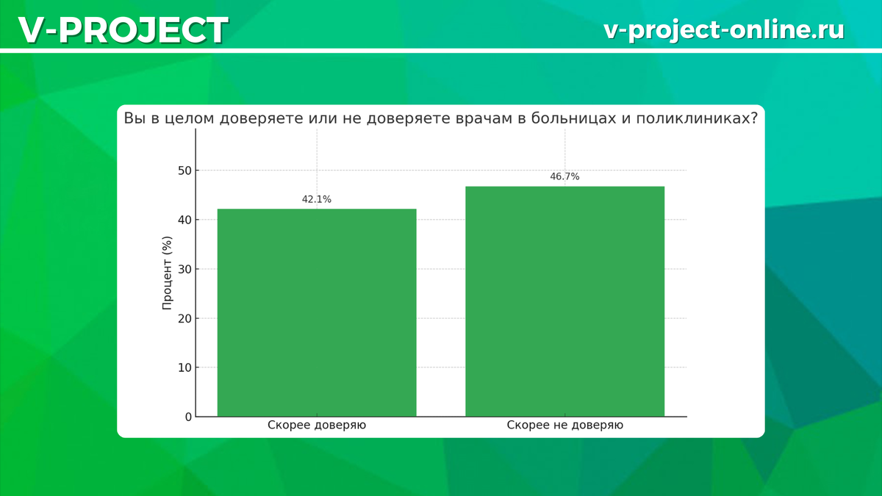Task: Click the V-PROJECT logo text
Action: pyautogui.click(x=123, y=30)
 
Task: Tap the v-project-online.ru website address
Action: pyautogui.click(x=724, y=30)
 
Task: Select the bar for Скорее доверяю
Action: pyautogui.click(x=317, y=312)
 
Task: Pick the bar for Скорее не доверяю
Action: pyautogui.click(x=565, y=301)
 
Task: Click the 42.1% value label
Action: pyautogui.click(x=317, y=200)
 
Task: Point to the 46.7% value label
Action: pyautogui.click(x=564, y=177)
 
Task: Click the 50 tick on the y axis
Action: pyautogui.click(x=184, y=170)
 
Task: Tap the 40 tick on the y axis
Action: pyautogui.click(x=184, y=220)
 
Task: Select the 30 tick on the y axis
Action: pyautogui.click(x=184, y=269)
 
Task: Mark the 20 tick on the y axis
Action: pyautogui.click(x=184, y=318)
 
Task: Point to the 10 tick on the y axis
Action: pyautogui.click(x=184, y=367)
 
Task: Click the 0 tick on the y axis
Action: pyautogui.click(x=189, y=417)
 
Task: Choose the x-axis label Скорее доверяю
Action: pyautogui.click(x=317, y=425)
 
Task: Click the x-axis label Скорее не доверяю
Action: pyautogui.click(x=565, y=425)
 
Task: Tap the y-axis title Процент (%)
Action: pyautogui.click(x=167, y=273)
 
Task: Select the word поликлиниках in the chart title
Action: pyautogui.click(x=697, y=118)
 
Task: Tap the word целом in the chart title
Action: pyautogui.click(x=189, y=118)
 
